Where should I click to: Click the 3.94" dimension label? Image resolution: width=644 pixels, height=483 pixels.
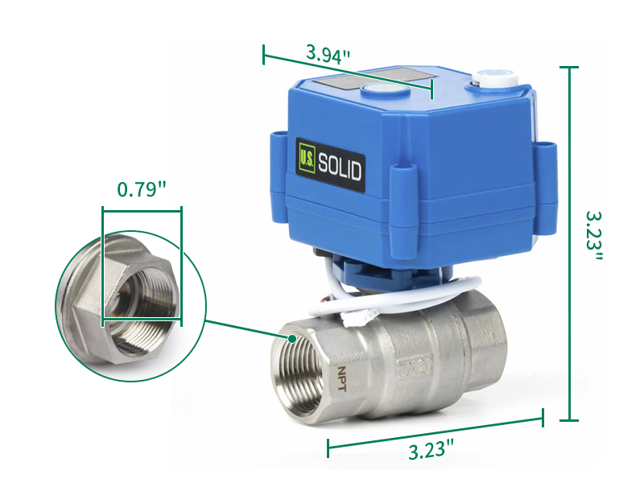pyautogui.click(x=328, y=53)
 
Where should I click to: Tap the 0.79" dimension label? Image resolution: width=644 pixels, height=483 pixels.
pyautogui.click(x=142, y=189)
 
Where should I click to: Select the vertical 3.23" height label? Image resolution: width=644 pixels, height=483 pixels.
pyautogui.click(x=594, y=237)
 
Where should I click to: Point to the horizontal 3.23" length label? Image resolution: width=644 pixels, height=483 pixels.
pyautogui.click(x=431, y=449)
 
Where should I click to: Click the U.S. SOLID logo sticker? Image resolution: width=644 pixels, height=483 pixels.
pyautogui.click(x=331, y=166)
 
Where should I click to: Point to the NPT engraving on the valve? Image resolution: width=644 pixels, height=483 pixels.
pyautogui.click(x=342, y=378)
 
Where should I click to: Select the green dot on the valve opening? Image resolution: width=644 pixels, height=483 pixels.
pyautogui.click(x=292, y=339)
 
